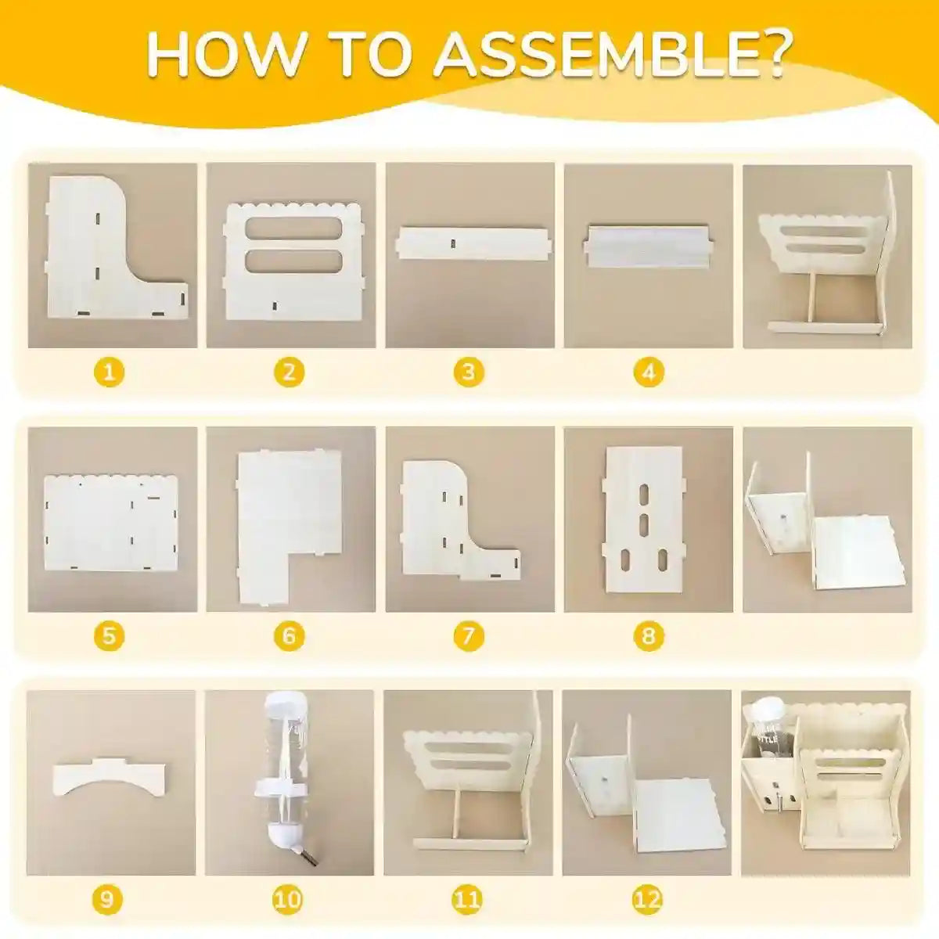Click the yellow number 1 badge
109,372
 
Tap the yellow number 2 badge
289,372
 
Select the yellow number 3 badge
468,372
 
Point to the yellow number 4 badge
649,372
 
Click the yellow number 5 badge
109,636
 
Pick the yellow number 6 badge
289,636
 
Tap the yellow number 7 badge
468,636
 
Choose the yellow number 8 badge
649,636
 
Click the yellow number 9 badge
107,899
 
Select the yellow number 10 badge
288,899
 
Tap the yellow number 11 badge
468,899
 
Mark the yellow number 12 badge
648,899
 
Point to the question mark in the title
772,57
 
